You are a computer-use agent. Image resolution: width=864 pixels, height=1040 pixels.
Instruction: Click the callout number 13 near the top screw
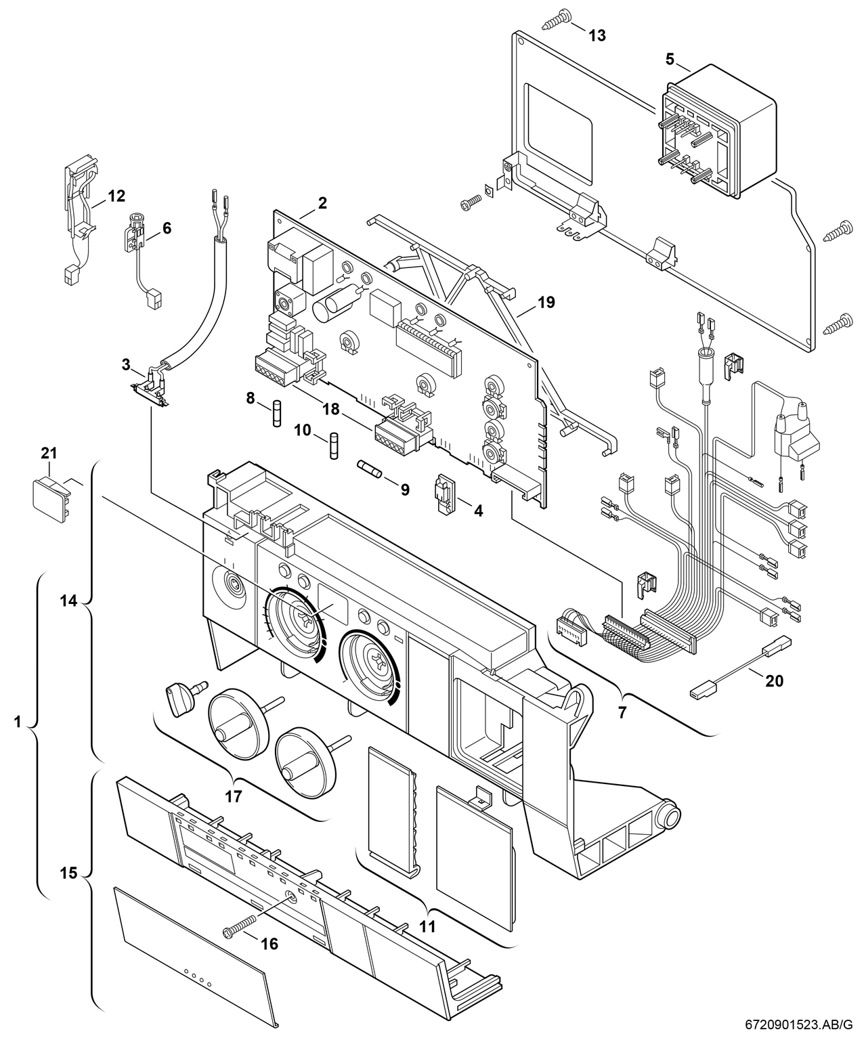pyautogui.click(x=597, y=35)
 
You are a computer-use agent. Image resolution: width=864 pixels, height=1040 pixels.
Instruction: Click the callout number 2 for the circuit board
pyautogui.click(x=322, y=202)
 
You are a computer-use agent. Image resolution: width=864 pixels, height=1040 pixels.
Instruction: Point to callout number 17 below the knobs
pyautogui.click(x=234, y=797)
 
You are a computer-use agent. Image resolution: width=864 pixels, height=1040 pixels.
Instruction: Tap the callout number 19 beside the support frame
pyautogui.click(x=546, y=303)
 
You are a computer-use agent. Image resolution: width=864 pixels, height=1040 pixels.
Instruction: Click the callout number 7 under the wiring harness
pyautogui.click(x=622, y=712)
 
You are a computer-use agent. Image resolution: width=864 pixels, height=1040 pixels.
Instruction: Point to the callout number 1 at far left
pyautogui.click(x=18, y=722)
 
